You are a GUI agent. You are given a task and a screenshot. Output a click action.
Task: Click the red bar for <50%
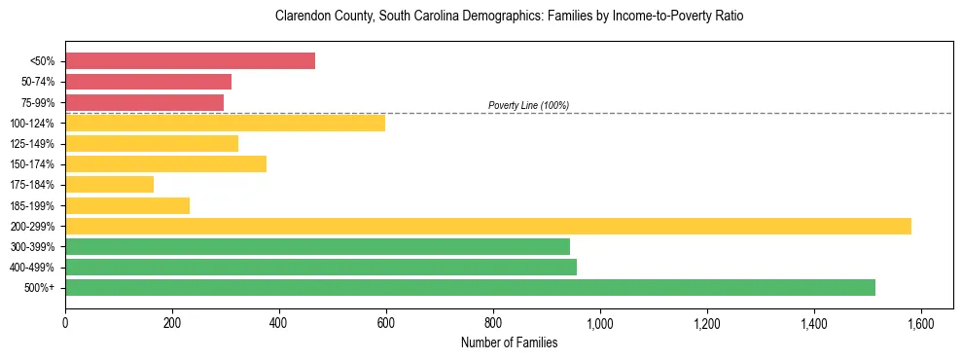click(x=190, y=60)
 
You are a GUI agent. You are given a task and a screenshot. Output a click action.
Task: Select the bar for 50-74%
click(x=148, y=82)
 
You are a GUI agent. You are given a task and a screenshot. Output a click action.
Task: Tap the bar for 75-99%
click(x=144, y=102)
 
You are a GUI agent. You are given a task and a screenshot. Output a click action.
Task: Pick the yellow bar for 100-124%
click(x=225, y=123)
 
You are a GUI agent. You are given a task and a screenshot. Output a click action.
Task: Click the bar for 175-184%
click(x=109, y=184)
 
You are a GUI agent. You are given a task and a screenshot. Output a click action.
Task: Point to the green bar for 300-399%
click(x=317, y=246)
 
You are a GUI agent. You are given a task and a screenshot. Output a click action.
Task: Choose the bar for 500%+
click(x=470, y=287)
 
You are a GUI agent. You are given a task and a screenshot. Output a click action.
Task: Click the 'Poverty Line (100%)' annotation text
click(x=528, y=105)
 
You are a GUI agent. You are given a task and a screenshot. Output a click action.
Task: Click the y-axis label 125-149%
click(x=32, y=144)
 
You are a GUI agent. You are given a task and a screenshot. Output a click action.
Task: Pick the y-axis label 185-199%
click(x=32, y=205)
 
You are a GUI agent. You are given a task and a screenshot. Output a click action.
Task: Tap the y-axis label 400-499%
click(x=32, y=268)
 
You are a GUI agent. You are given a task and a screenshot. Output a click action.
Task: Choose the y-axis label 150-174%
click(x=32, y=164)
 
